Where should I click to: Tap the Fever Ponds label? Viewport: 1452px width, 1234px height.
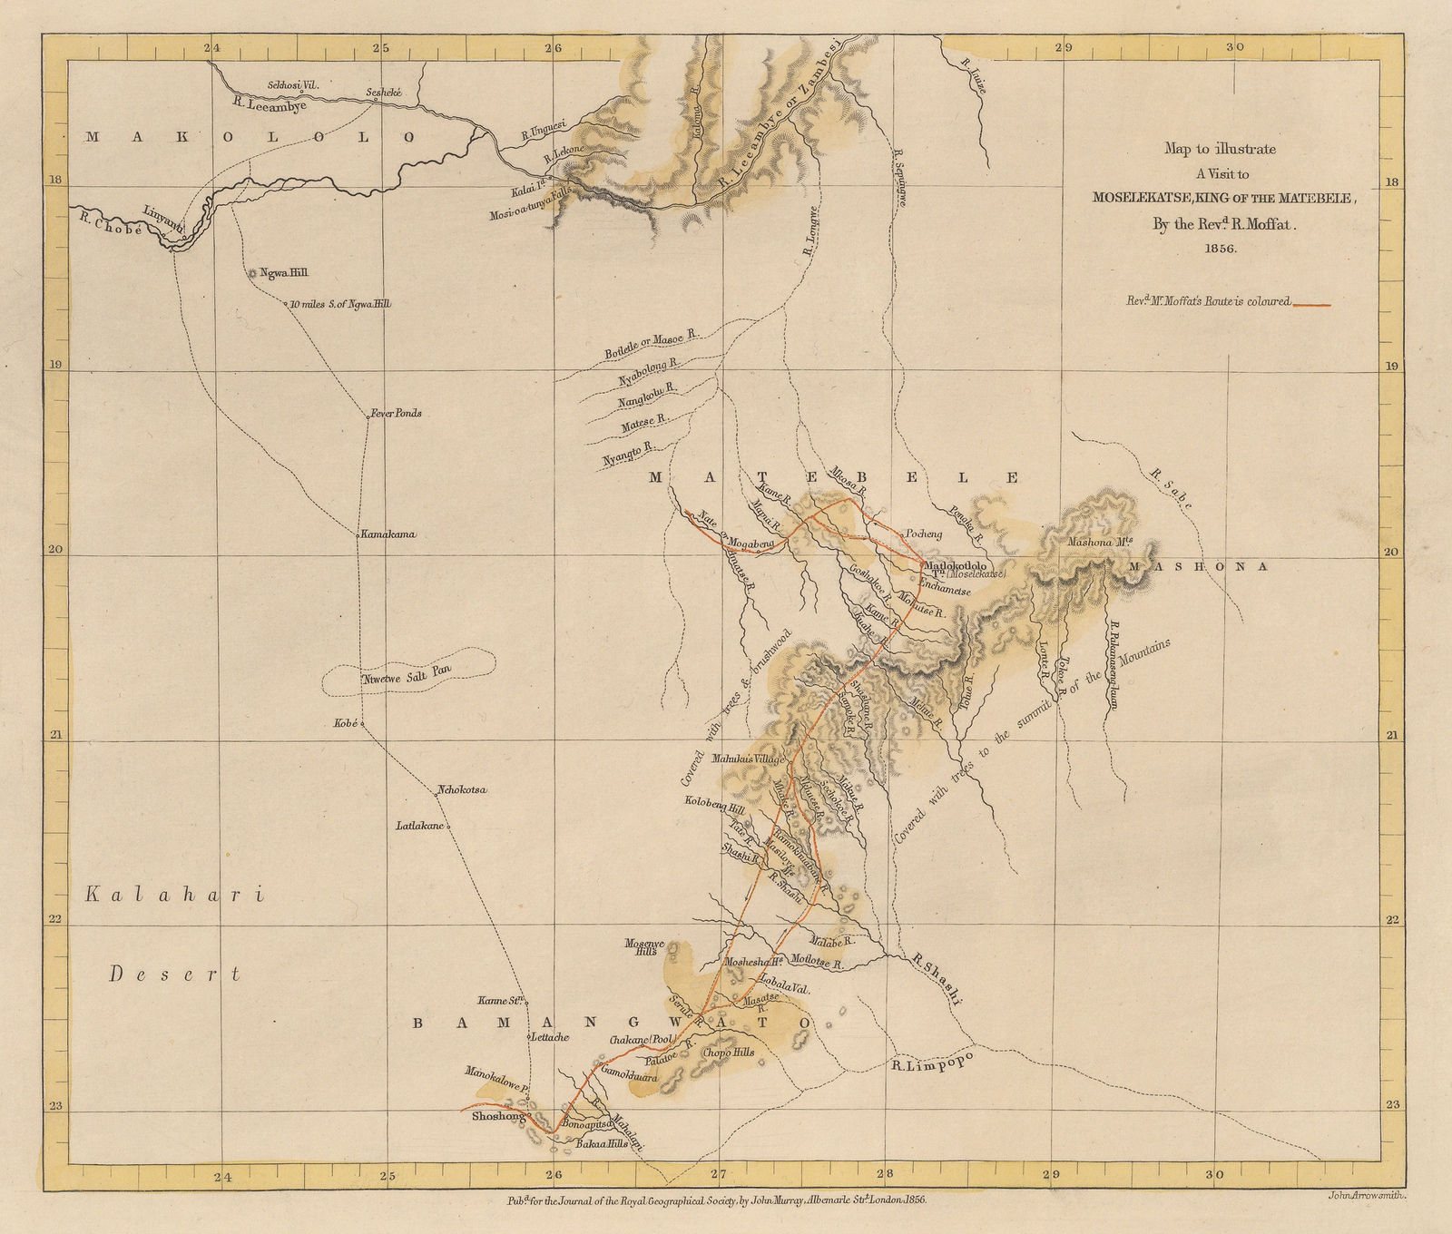(x=396, y=413)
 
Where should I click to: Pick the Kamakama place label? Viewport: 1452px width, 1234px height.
(x=388, y=534)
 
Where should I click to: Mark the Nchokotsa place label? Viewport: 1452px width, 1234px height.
(x=462, y=790)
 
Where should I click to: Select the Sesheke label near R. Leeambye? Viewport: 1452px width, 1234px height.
(x=382, y=93)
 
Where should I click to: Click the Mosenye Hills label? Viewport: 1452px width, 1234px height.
(x=645, y=947)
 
